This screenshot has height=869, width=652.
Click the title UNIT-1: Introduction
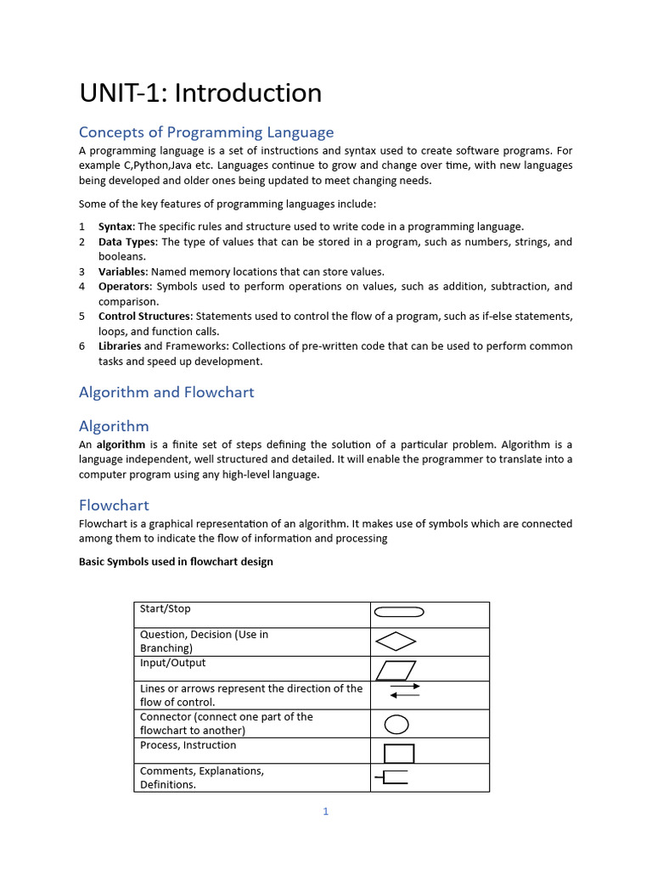200,93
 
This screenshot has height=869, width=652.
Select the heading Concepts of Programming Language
206,132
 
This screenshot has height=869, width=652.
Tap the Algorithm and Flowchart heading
166,392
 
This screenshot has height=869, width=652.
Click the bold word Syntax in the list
115,227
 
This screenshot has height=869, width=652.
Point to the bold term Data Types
127,242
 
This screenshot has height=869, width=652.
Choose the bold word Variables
122,272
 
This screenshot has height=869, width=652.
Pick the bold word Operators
124,287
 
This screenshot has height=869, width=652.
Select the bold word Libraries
119,346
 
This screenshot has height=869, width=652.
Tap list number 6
82,346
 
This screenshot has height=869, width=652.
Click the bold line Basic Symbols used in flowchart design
176,562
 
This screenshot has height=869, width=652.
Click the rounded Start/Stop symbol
399,612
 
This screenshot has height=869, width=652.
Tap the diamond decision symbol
396,642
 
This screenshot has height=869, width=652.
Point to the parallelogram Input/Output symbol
396,670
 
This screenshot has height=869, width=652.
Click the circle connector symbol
396,725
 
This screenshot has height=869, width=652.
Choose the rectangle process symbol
399,753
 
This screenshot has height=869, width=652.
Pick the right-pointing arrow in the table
405,686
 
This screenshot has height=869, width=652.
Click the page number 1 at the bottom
325,811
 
